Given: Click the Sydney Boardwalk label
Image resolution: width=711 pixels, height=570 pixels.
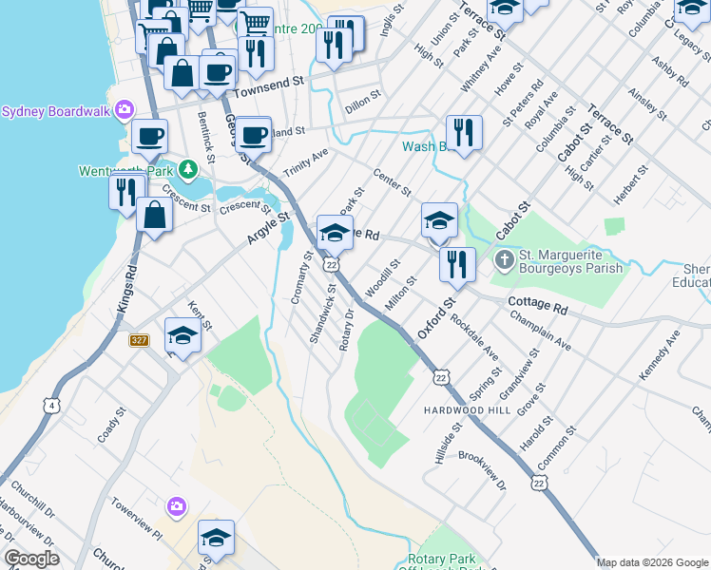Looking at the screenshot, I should (x=55, y=110).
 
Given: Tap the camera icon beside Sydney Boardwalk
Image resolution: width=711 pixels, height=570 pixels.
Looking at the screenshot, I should (x=124, y=110).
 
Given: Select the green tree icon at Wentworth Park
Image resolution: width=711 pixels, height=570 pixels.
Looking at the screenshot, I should (x=188, y=170).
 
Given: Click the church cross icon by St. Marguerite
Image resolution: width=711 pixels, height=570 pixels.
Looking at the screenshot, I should (x=503, y=257).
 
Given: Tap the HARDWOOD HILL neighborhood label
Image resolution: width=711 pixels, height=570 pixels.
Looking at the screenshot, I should (x=467, y=409).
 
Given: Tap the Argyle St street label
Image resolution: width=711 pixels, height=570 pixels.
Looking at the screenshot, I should (x=268, y=230).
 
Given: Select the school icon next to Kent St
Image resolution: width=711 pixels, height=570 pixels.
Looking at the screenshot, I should (x=183, y=335).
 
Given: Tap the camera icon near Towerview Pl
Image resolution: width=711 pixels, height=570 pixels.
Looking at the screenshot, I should (x=176, y=506).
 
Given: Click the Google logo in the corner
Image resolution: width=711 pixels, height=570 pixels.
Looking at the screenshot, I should (x=31, y=560).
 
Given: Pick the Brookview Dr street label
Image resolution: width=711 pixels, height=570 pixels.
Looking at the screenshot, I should (x=482, y=471).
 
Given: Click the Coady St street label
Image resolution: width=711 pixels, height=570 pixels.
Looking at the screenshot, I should (x=110, y=426).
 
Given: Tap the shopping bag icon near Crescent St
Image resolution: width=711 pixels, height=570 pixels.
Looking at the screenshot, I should (x=155, y=214).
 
